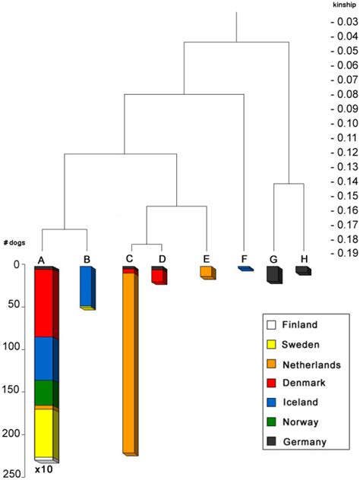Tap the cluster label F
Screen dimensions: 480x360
click(x=244, y=259)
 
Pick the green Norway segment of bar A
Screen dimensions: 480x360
click(x=43, y=393)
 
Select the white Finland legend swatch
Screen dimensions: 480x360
click(x=271, y=324)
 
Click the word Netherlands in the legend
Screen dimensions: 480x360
click(x=312, y=364)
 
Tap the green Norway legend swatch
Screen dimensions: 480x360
click(x=271, y=422)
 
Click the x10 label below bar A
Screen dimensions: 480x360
click(x=43, y=471)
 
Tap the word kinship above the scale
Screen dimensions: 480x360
click(x=343, y=5)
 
